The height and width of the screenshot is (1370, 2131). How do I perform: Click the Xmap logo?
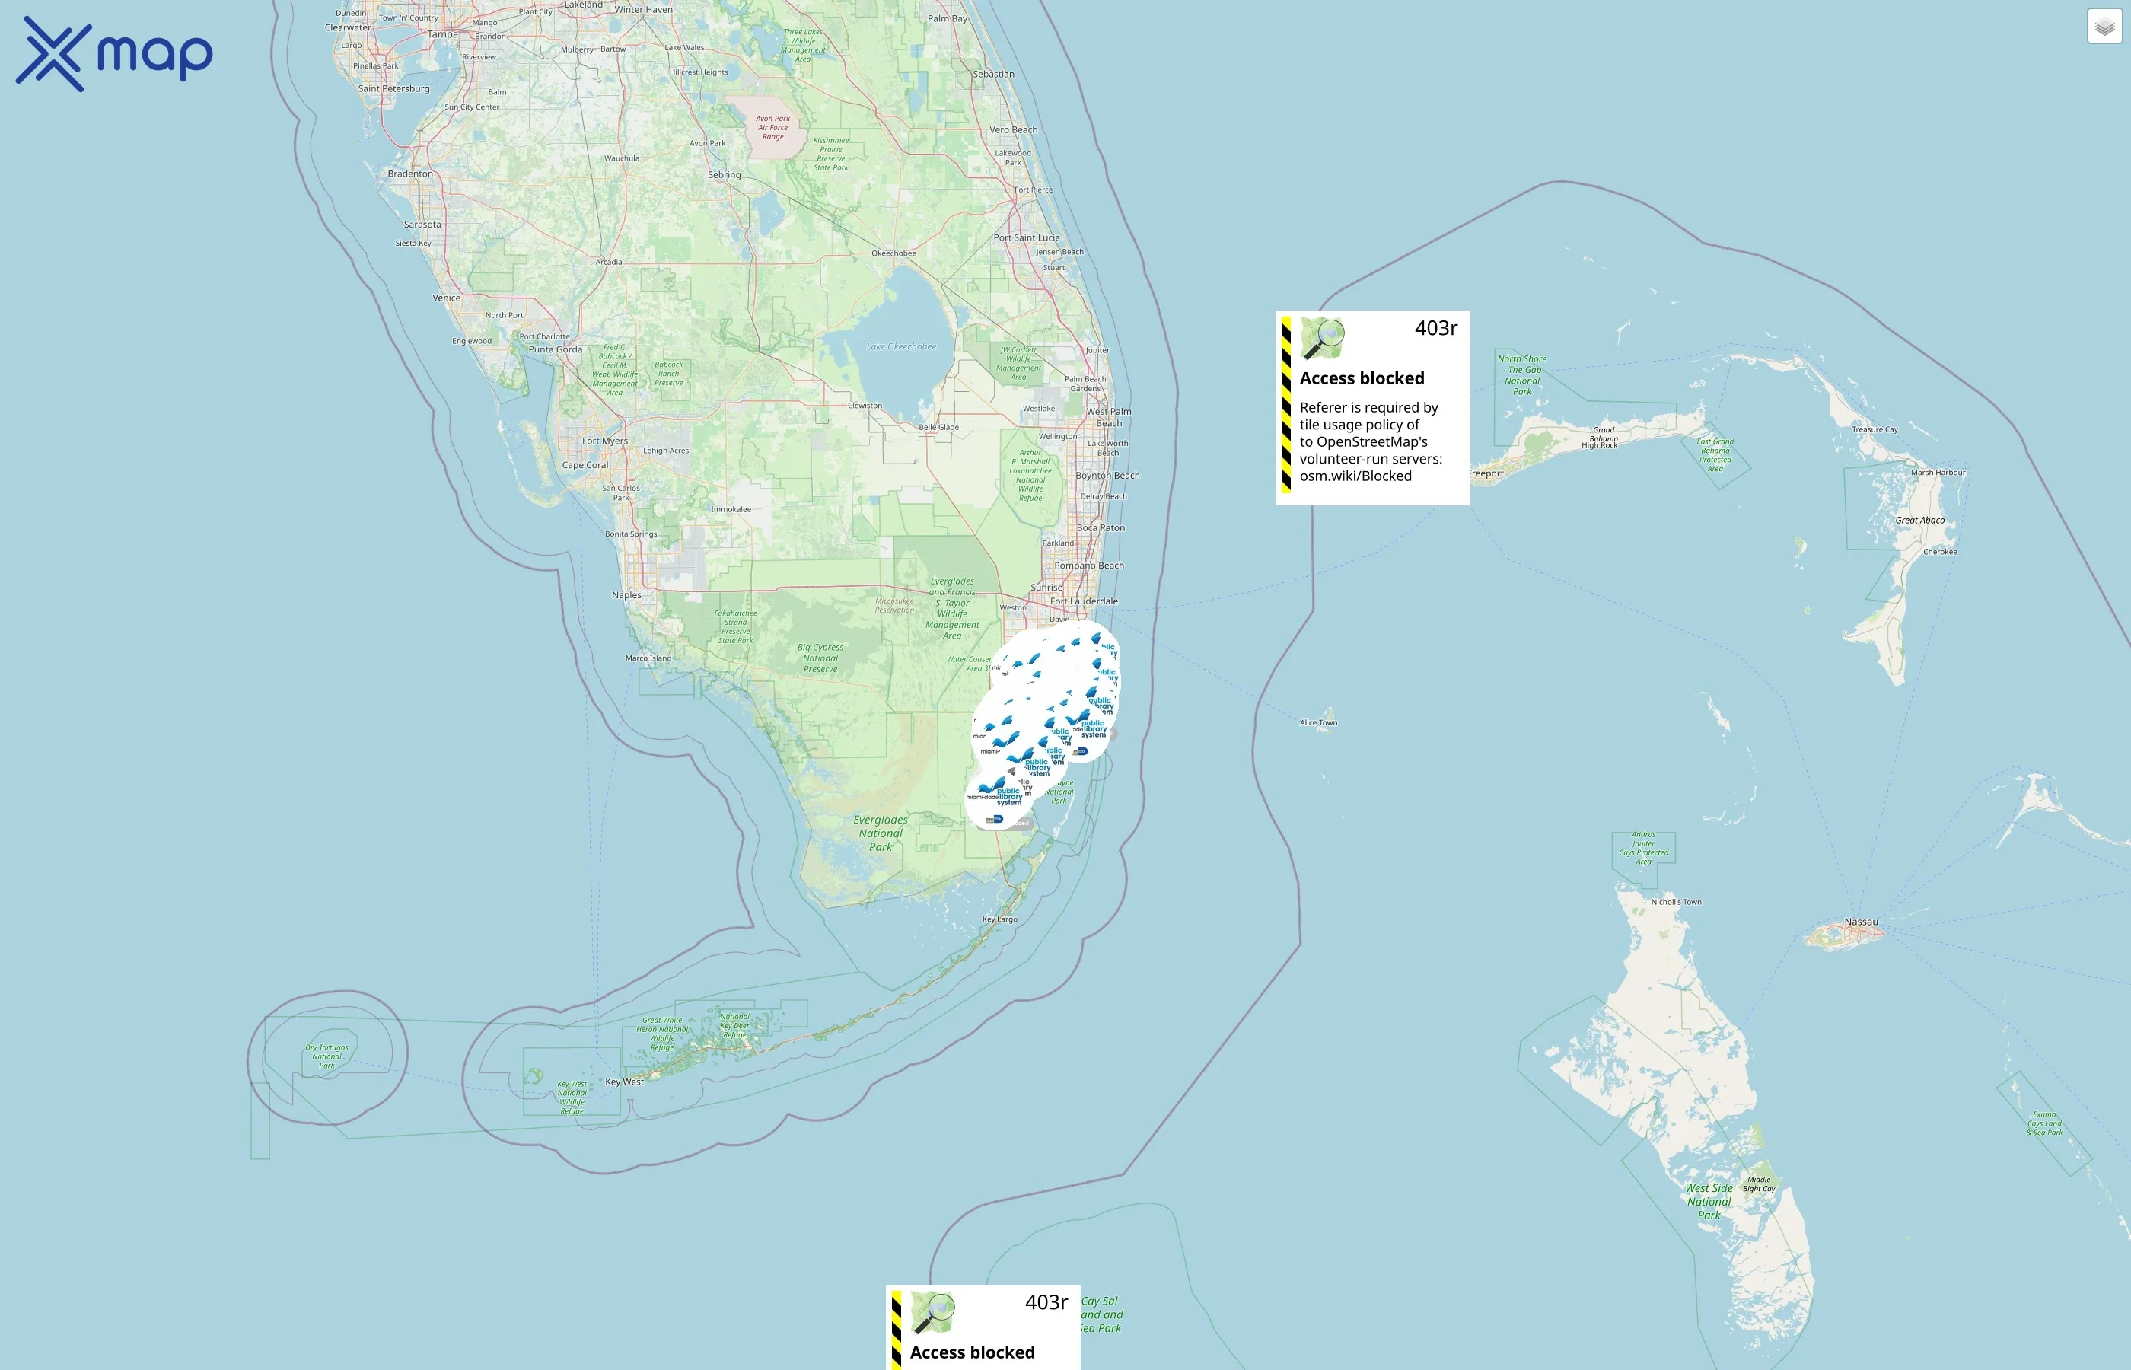[x=114, y=54]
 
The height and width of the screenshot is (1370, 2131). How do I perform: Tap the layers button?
[x=2104, y=27]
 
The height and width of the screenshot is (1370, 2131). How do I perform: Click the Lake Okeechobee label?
[x=901, y=347]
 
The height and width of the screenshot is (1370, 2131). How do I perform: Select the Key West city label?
[x=624, y=1082]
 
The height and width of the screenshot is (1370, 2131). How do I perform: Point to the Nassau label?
[x=1862, y=922]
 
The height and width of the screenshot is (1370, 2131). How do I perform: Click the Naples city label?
[x=626, y=595]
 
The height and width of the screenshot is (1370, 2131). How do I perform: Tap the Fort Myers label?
[x=605, y=441]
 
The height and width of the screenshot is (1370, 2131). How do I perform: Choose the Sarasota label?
[x=422, y=225]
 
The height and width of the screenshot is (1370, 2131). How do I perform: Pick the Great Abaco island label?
[x=1919, y=521]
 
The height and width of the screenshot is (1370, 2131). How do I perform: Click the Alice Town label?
[x=1318, y=722]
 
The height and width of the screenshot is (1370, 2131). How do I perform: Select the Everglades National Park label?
[x=881, y=833]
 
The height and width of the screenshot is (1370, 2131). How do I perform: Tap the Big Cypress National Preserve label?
[x=820, y=658]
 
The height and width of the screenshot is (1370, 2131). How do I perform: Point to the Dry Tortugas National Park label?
[x=326, y=1056]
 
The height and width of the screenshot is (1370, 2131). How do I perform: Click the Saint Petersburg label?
[x=393, y=89]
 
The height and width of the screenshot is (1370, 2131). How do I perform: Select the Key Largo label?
[x=1000, y=919]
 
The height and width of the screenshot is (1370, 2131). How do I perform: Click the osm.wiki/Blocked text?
[x=1355, y=476]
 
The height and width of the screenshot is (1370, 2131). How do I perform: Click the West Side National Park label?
[x=1709, y=1201]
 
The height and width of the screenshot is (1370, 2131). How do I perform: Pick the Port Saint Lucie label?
[x=1027, y=237]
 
